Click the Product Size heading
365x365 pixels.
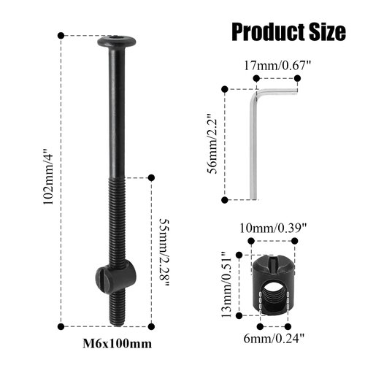click(x=288, y=31)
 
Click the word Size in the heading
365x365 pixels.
click(x=322, y=31)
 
